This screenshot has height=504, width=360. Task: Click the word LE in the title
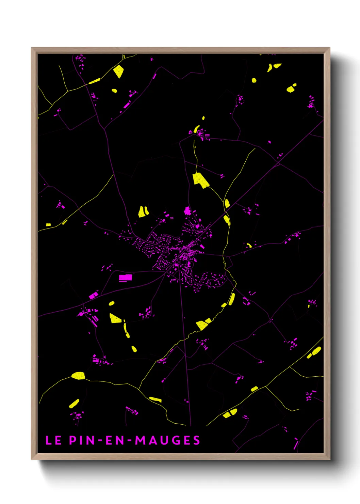[53, 440]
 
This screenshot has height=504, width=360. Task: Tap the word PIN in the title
[82, 440]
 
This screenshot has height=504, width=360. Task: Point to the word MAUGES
[167, 440]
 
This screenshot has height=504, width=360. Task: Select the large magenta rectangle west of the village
[125, 278]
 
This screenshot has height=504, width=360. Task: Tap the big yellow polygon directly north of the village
[200, 180]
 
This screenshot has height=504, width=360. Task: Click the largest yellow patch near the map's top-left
[118, 71]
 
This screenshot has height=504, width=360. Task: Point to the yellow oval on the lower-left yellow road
[78, 375]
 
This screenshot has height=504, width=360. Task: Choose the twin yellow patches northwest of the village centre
[143, 211]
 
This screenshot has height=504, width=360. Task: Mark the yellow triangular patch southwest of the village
[115, 318]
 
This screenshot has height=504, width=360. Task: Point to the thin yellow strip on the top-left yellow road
[95, 81]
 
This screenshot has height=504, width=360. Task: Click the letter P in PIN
[72, 440]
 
